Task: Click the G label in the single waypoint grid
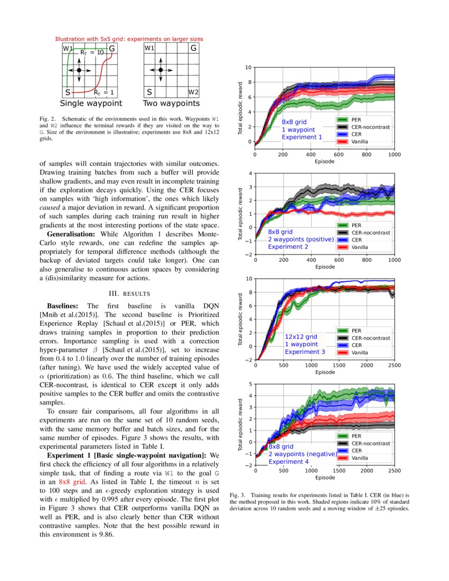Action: (x=111, y=49)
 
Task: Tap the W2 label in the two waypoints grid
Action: (x=193, y=92)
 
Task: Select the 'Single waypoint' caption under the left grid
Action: (x=91, y=104)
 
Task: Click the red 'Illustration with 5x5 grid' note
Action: (x=129, y=39)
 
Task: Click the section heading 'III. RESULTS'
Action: (x=129, y=293)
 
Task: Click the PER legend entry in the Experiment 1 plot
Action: (x=356, y=120)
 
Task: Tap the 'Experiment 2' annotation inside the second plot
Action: (x=288, y=247)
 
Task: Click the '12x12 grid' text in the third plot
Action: (x=301, y=336)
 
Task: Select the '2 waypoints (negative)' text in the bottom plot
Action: (x=302, y=454)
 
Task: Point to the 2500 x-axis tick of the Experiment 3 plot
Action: (x=394, y=366)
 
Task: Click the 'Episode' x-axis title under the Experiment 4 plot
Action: (x=325, y=477)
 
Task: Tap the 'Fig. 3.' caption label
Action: (x=240, y=495)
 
